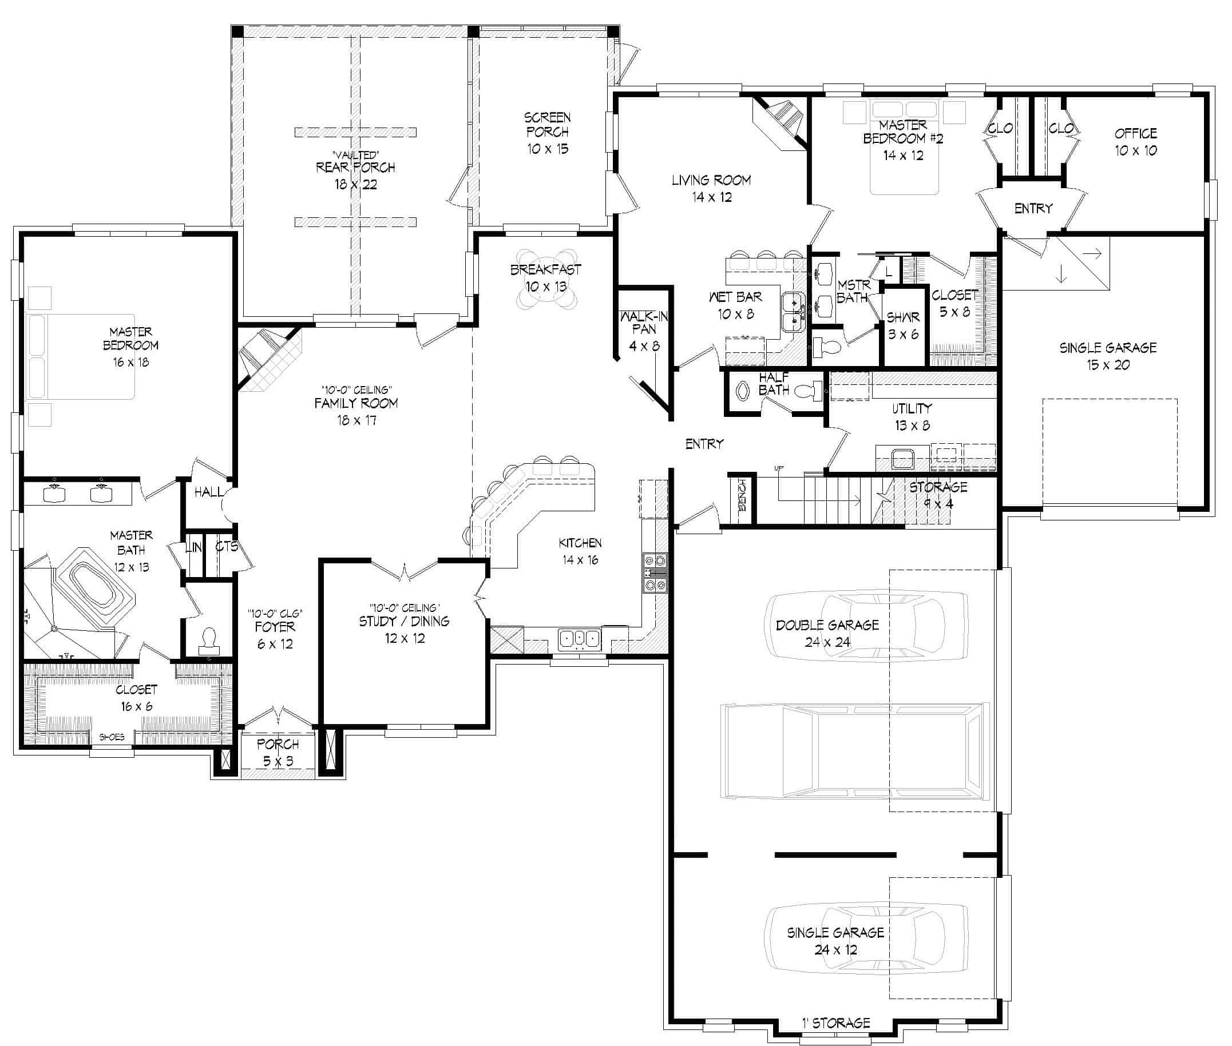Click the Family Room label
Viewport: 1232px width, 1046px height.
click(x=356, y=404)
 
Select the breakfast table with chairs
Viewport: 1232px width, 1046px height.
click(x=546, y=279)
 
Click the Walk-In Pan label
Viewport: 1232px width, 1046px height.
click(x=644, y=323)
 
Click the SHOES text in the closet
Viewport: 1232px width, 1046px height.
click(x=112, y=737)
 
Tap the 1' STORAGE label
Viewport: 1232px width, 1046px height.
click(x=836, y=1023)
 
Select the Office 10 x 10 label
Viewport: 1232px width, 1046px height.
click(x=1135, y=142)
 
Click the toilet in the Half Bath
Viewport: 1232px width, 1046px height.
click(x=808, y=390)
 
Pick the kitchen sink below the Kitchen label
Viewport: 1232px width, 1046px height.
click(x=580, y=639)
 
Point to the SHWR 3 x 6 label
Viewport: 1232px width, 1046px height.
click(x=903, y=325)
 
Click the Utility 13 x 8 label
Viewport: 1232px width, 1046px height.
click(x=912, y=416)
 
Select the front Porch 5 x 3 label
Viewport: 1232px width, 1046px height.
click(x=278, y=752)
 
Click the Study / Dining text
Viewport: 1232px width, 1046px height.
click(x=404, y=622)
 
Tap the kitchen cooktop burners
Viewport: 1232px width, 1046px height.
click(x=655, y=573)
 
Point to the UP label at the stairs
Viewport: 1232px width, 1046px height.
click(x=779, y=468)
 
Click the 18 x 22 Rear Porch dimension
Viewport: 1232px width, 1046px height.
click(x=355, y=184)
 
